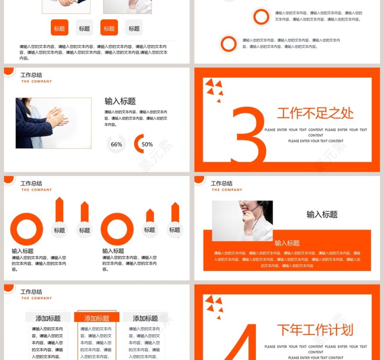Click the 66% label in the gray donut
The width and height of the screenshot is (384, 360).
[x=116, y=144]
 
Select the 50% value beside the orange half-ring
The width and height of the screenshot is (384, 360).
[x=147, y=144]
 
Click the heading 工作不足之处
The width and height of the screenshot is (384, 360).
[x=315, y=113]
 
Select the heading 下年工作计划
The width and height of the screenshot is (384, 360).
[x=315, y=330]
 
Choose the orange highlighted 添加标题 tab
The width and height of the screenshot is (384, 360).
[x=97, y=318]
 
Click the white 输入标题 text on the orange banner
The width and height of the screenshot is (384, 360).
[x=287, y=243]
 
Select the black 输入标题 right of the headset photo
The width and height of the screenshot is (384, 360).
[x=322, y=214]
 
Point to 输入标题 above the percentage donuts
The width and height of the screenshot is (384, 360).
[x=120, y=101]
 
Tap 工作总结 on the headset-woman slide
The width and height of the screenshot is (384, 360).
[x=221, y=183]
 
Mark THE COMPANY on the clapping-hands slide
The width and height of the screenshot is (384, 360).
[x=37, y=82]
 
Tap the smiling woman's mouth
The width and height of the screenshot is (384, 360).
[x=247, y=211]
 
